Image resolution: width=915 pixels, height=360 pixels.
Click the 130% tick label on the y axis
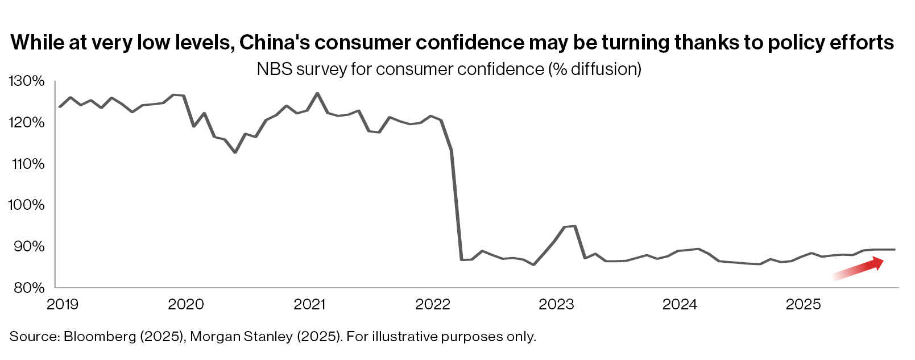(26, 81)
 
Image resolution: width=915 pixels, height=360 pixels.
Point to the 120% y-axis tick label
(26, 122)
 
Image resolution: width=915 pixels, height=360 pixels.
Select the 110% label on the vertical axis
(26, 164)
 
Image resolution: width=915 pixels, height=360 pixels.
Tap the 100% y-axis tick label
(26, 205)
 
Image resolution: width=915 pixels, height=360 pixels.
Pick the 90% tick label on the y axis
(29, 246)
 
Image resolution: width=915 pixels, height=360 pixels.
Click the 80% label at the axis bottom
(29, 288)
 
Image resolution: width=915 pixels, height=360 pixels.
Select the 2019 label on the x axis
(63, 305)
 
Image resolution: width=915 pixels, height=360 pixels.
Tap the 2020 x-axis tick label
(186, 305)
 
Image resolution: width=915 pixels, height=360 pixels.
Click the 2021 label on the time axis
(309, 305)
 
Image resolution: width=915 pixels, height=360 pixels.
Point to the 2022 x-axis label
(433, 305)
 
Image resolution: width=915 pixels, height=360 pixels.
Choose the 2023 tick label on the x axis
(556, 305)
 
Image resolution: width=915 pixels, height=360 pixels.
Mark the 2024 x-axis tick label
(680, 305)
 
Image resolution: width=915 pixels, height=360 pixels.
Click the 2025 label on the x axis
(803, 305)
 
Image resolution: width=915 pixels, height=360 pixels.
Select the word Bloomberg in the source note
(100, 337)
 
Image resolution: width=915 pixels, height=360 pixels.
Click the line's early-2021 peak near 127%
(317, 93)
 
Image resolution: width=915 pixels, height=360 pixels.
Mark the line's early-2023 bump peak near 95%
(574, 226)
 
